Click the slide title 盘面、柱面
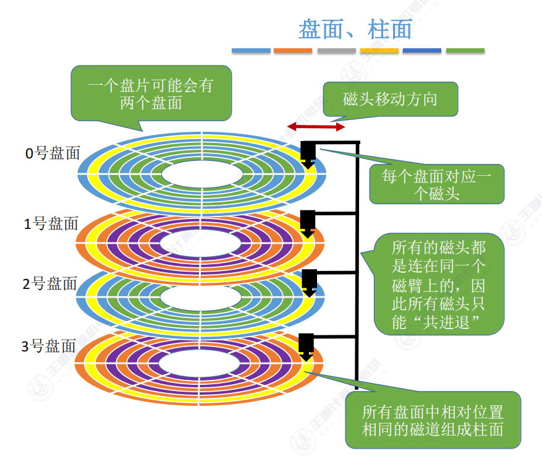click(x=355, y=29)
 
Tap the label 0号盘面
click(x=53, y=153)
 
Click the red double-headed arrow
click(x=316, y=127)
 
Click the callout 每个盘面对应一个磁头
click(x=437, y=184)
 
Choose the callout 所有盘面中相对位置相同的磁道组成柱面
click(x=433, y=420)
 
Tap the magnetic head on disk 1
click(x=308, y=222)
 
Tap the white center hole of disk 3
click(x=201, y=365)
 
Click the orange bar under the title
click(x=294, y=51)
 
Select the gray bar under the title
click(x=337, y=51)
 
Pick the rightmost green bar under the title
click(x=465, y=51)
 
